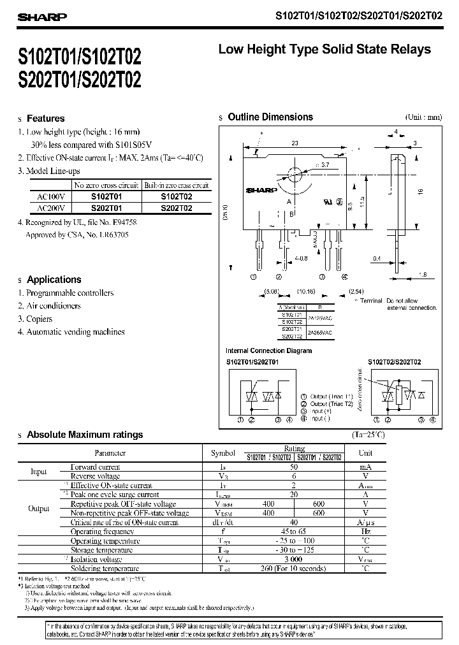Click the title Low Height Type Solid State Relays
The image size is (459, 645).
click(x=324, y=49)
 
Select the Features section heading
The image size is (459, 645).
click(x=45, y=119)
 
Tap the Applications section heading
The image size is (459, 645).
click(x=54, y=280)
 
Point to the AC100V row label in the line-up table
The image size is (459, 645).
click(x=50, y=197)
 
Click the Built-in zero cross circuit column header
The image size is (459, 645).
click(x=176, y=185)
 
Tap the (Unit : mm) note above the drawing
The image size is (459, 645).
click(x=423, y=117)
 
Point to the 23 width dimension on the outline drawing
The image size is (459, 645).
click(x=295, y=144)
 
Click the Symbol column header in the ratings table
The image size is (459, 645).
click(x=222, y=453)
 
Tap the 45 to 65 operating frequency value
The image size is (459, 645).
click(x=294, y=531)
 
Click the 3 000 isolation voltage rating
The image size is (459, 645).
click(x=294, y=559)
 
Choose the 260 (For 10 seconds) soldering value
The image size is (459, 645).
click(x=294, y=569)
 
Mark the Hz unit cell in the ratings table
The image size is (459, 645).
click(x=365, y=531)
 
